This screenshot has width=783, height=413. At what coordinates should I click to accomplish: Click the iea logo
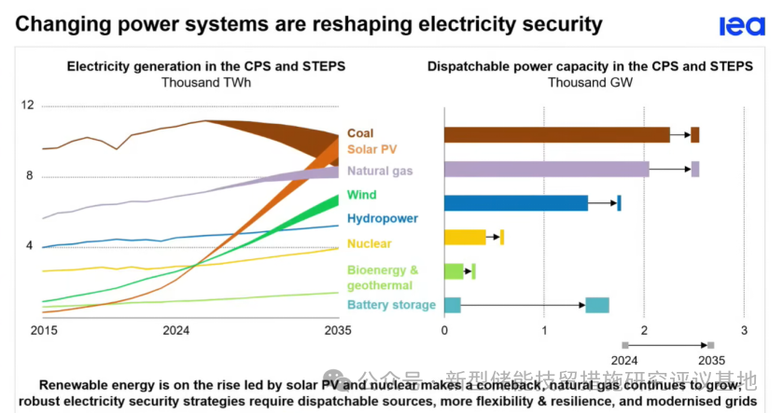[742, 26]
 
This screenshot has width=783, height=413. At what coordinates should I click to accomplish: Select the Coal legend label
[360, 134]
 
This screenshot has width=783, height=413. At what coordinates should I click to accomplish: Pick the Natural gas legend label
[380, 172]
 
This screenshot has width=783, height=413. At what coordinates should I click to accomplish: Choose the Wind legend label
[361, 195]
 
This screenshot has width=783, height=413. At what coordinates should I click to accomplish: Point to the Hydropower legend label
[382, 219]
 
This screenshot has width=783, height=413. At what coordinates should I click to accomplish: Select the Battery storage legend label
[391, 305]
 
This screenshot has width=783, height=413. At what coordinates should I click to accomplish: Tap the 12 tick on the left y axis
[27, 105]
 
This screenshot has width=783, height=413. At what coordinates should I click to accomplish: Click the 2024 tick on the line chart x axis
[176, 331]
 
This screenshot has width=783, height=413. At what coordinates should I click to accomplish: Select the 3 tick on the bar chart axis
[743, 331]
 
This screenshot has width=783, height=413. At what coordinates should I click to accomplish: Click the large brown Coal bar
[556, 135]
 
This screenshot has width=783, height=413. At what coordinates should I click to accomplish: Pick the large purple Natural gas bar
[546, 169]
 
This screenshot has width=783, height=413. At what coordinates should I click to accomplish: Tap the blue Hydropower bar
[515, 203]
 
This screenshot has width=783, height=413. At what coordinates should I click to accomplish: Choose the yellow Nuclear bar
[464, 237]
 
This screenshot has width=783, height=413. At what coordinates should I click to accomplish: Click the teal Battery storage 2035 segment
[597, 305]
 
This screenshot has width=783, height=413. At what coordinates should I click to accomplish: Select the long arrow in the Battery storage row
[523, 305]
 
